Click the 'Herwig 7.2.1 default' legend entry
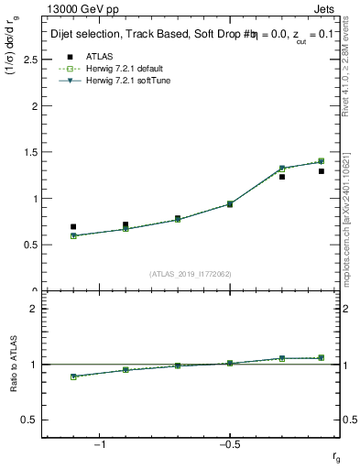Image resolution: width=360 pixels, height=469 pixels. click(x=113, y=70)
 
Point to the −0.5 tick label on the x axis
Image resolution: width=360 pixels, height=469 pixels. click(x=229, y=444)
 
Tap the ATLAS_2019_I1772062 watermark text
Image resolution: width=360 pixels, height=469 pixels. click(x=191, y=274)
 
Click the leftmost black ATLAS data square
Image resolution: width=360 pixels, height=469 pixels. click(x=73, y=226)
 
